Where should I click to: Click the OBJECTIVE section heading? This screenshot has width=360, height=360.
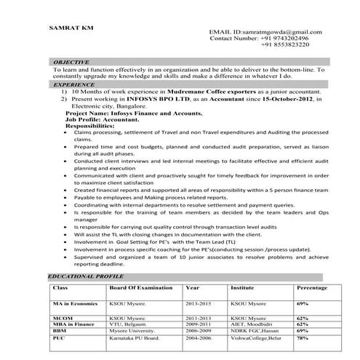pyautogui.click(x=71, y=63)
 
